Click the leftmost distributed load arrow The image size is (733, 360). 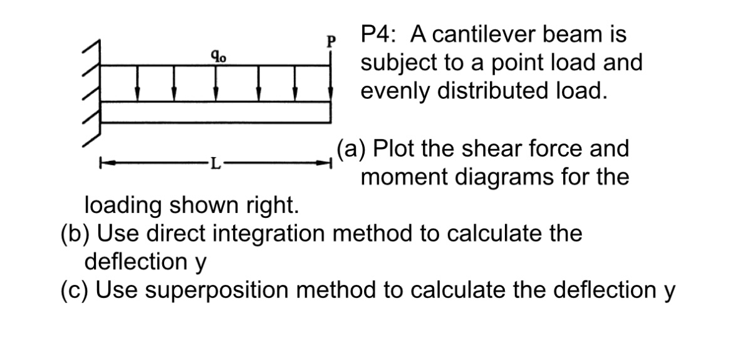coord(138,84)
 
